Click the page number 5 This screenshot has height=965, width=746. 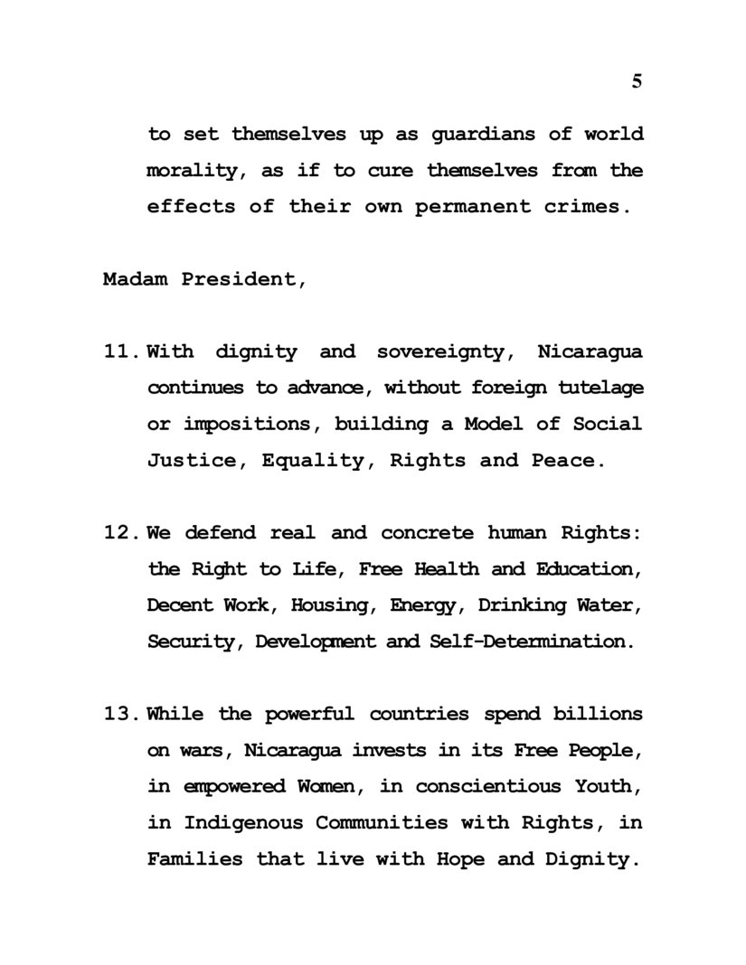pos(637,81)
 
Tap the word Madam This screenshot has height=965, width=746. pos(135,279)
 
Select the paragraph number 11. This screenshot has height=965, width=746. pos(120,351)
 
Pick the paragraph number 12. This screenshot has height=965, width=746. pos(120,533)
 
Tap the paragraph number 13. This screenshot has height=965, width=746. pos(120,715)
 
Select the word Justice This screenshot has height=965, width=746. pos(196,461)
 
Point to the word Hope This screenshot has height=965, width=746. pos(459,859)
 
